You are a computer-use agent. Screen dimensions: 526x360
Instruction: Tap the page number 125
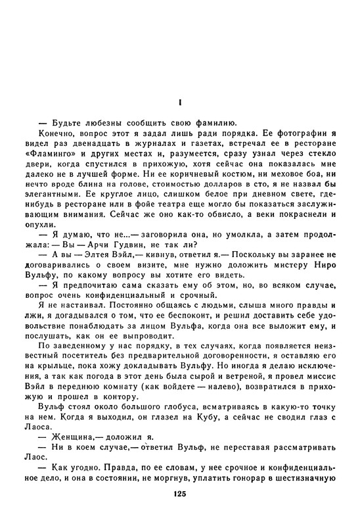point(180,494)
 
